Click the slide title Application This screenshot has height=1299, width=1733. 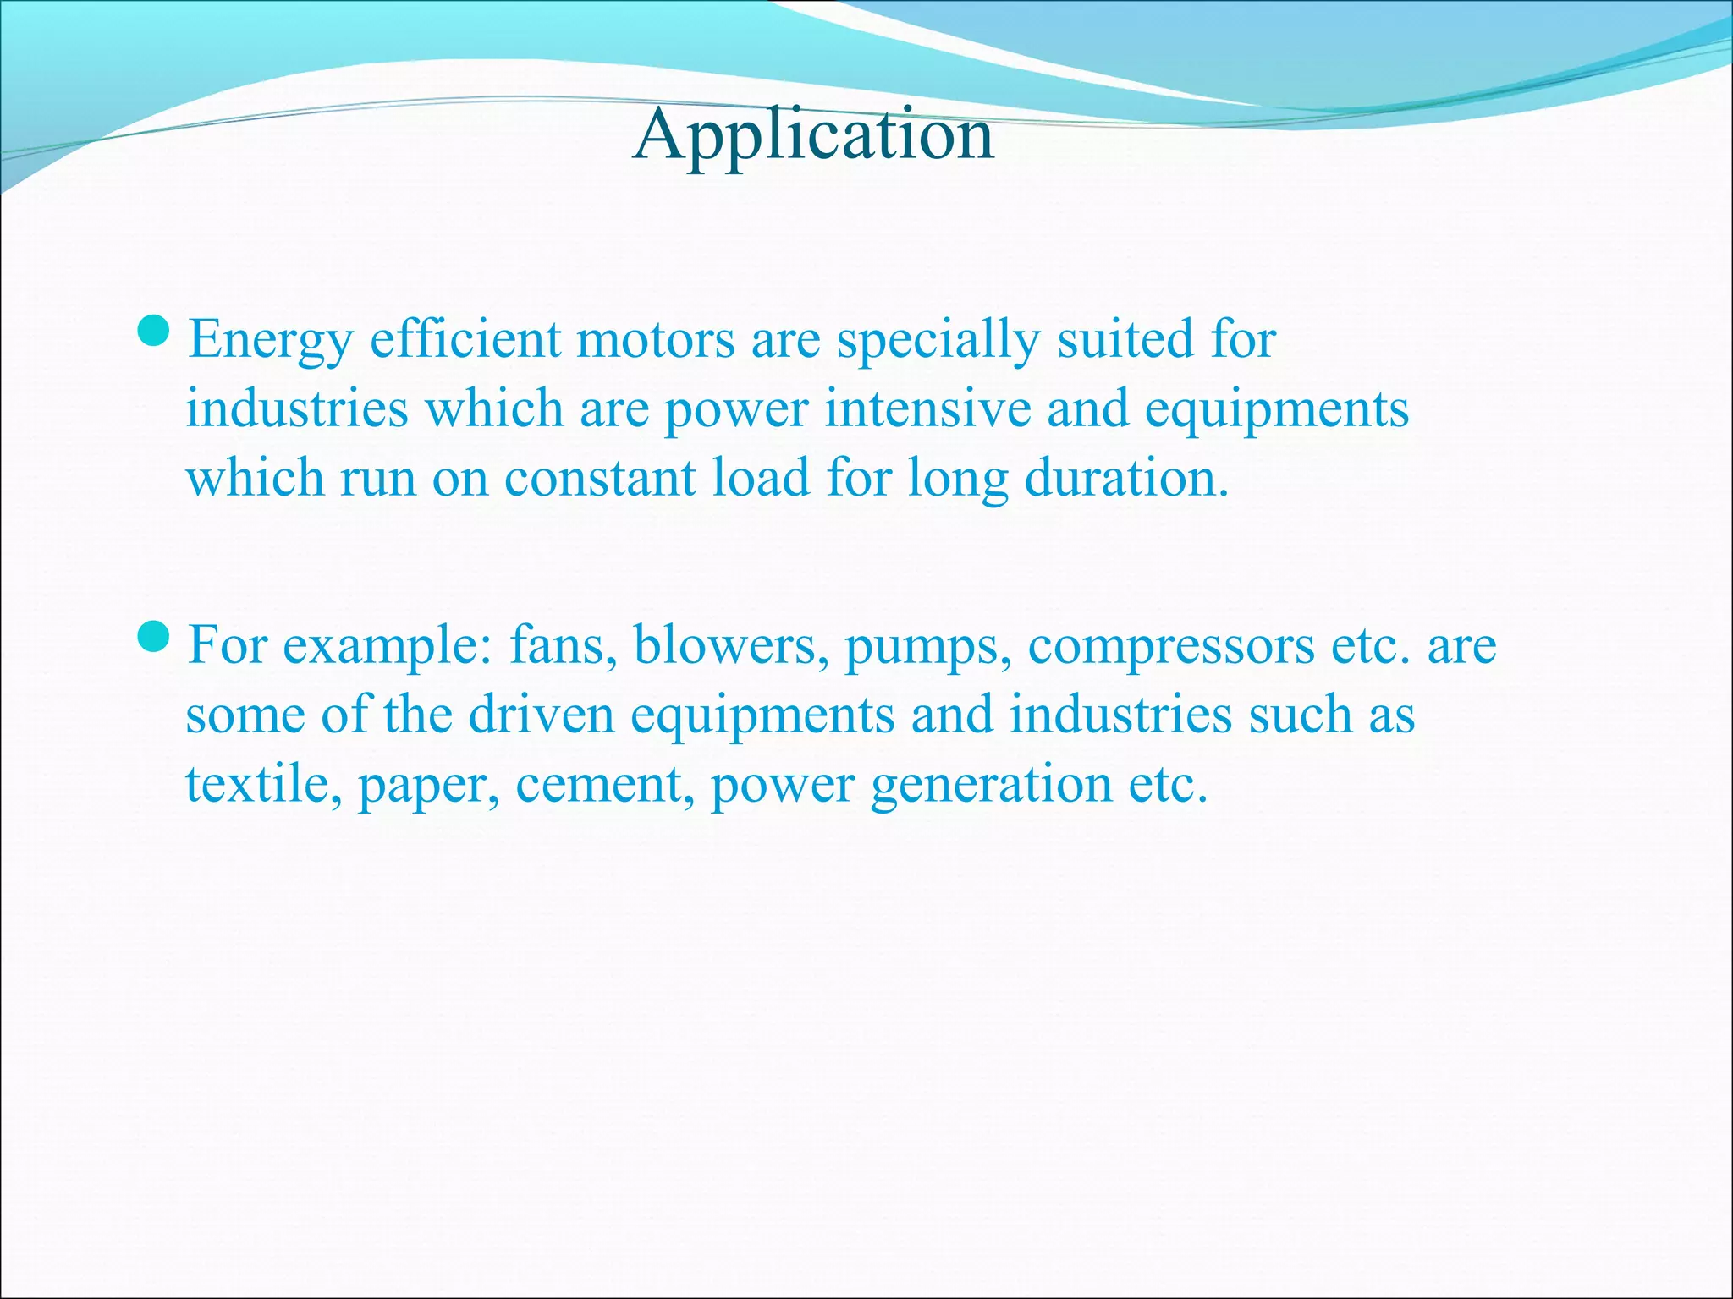pos(813,135)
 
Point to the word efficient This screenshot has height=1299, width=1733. pos(465,339)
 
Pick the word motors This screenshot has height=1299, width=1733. pos(656,339)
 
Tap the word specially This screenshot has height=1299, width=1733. pos(938,341)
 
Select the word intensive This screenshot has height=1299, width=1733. pos(927,408)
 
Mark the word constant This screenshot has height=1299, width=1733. pos(600,478)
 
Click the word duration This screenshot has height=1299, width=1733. pos(1125,478)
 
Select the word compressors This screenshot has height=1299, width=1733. pos(1171,648)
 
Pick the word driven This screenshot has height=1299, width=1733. pos(542,715)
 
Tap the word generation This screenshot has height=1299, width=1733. pos(992,786)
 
